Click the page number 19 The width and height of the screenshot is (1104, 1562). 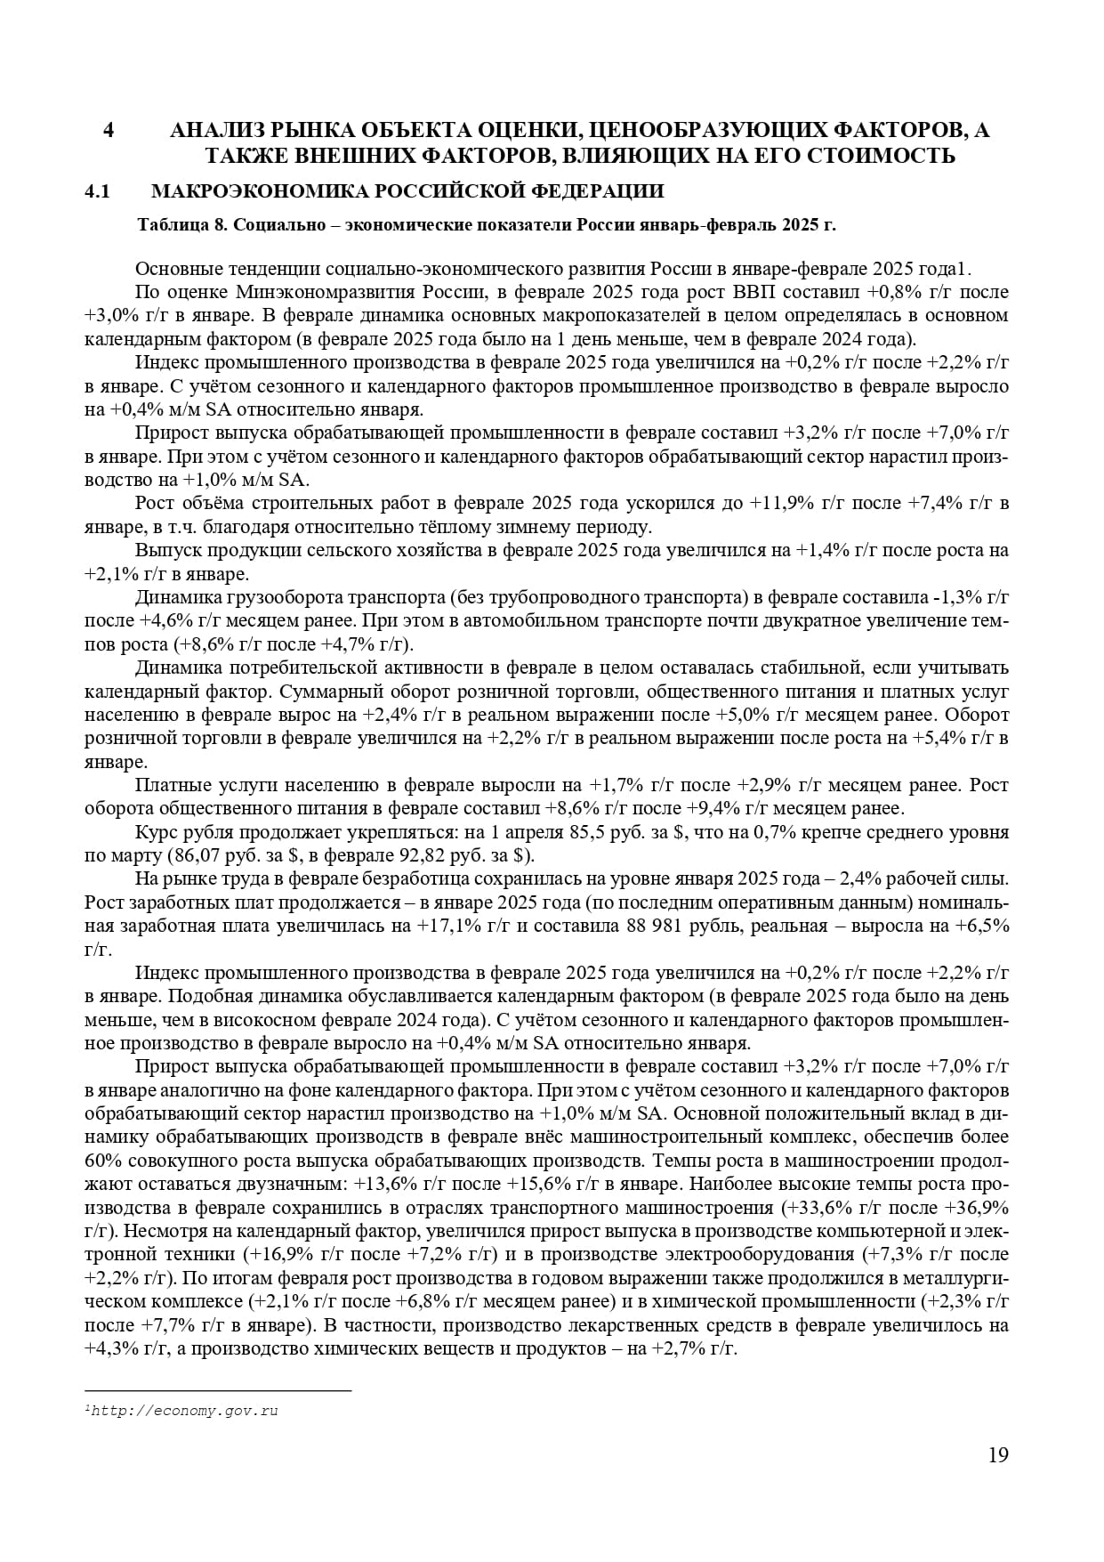coord(998,1455)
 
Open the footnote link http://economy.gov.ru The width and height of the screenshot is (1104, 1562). coord(183,1411)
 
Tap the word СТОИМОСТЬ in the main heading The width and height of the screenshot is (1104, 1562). coord(884,156)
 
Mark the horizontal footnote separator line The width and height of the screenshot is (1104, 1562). coord(218,1390)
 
